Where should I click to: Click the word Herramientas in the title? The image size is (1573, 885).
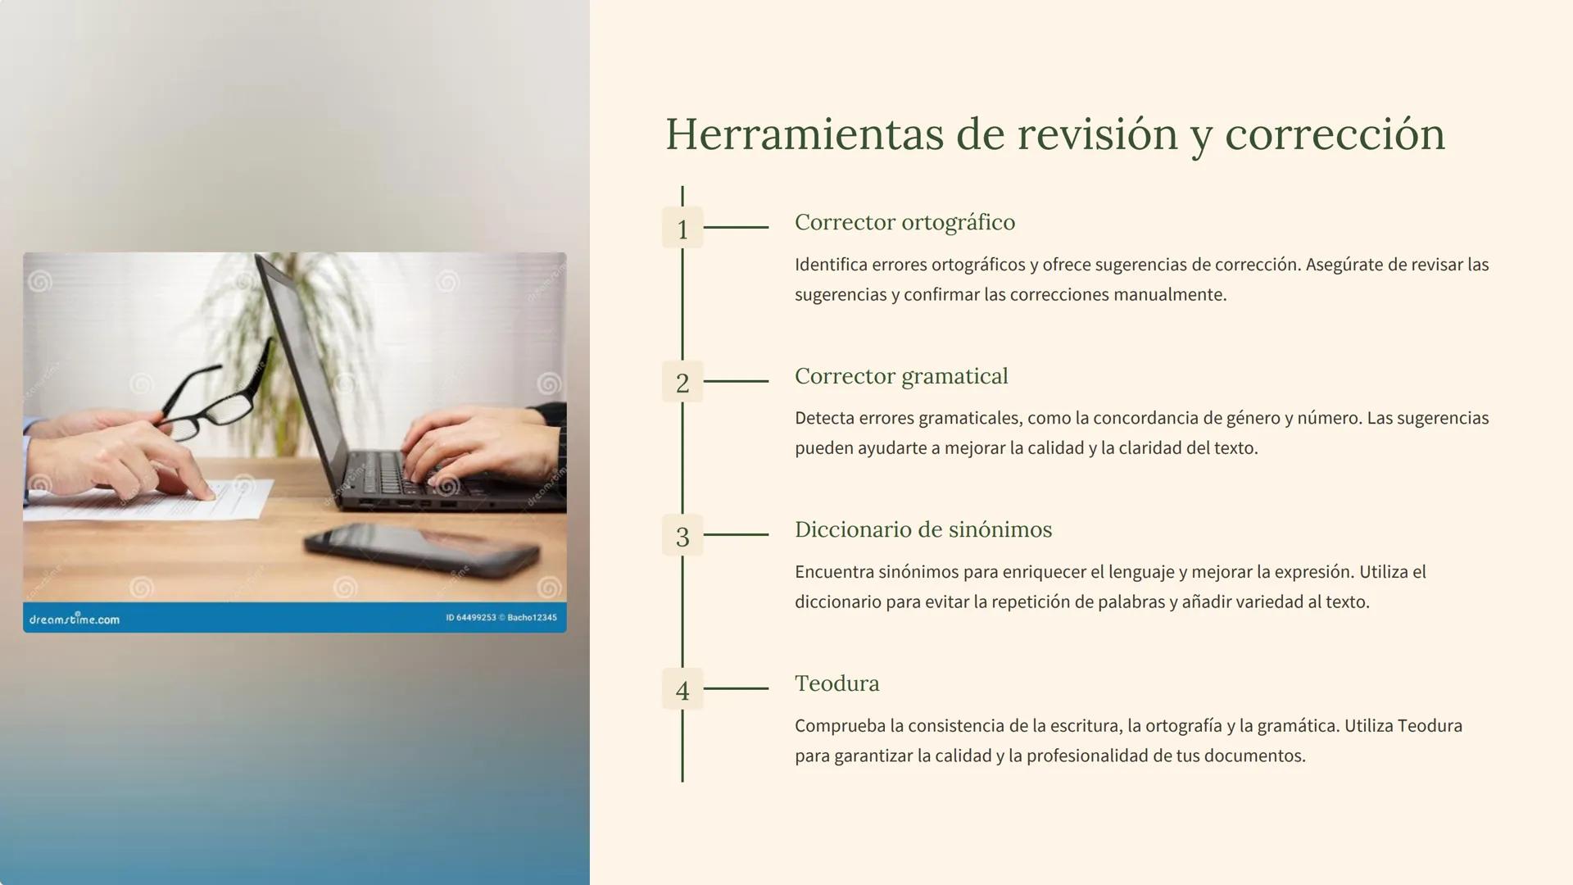804,134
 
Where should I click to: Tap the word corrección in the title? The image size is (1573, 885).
1335,134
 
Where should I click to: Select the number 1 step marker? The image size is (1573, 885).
682,229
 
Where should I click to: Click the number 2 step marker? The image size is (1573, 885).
682,382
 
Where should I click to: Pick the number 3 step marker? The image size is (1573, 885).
682,536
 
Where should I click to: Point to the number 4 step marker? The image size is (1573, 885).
682,690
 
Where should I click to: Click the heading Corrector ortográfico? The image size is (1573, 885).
904,222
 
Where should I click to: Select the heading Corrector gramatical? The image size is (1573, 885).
901,376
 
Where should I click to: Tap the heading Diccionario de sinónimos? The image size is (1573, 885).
923,529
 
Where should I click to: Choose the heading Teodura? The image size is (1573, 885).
836,683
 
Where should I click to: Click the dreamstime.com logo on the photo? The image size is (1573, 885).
75,619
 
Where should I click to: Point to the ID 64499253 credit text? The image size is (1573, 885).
471,618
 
